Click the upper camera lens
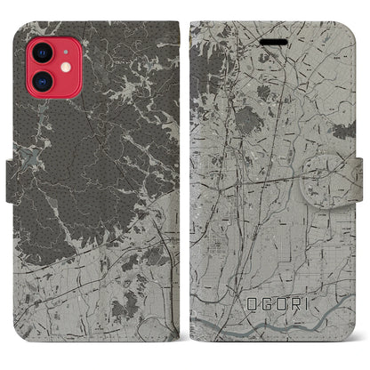tap(41, 51)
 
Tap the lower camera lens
tap(41, 79)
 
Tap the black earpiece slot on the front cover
tap(274, 42)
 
